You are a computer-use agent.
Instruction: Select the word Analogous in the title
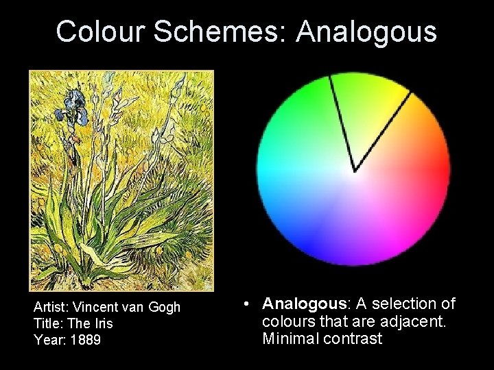[370, 32]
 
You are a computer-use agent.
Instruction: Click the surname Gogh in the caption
[165, 308]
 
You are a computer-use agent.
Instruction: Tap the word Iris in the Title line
[102, 323]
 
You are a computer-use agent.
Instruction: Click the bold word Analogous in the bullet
[306, 304]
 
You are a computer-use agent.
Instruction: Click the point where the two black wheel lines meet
[354, 170]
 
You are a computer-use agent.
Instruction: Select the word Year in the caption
[46, 339]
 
